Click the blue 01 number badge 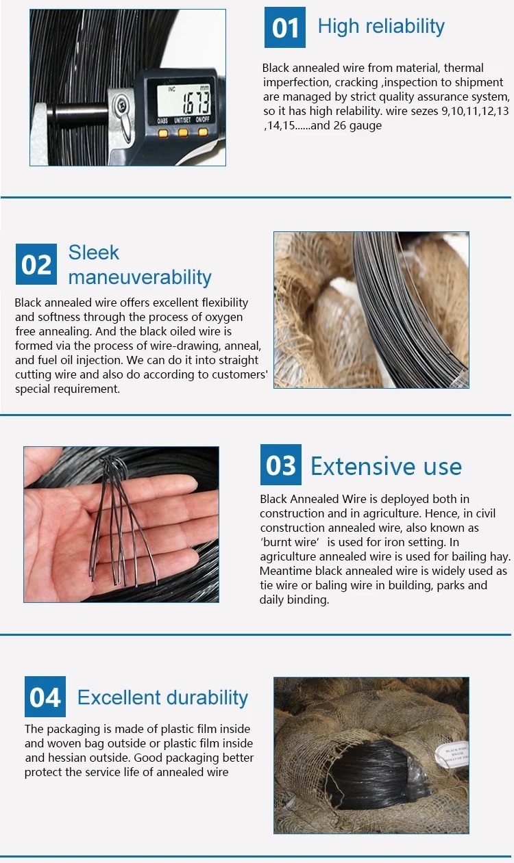(x=285, y=27)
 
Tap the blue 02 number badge (x=36, y=264)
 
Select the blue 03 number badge (x=281, y=465)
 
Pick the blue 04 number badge (x=45, y=697)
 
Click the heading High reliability (x=381, y=27)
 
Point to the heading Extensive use (x=387, y=466)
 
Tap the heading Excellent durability (x=162, y=697)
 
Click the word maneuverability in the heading (x=140, y=277)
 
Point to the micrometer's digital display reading (x=184, y=100)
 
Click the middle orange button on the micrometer (x=183, y=133)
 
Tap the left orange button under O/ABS (x=164, y=133)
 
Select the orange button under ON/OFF (x=203, y=133)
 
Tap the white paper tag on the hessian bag (x=452, y=753)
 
